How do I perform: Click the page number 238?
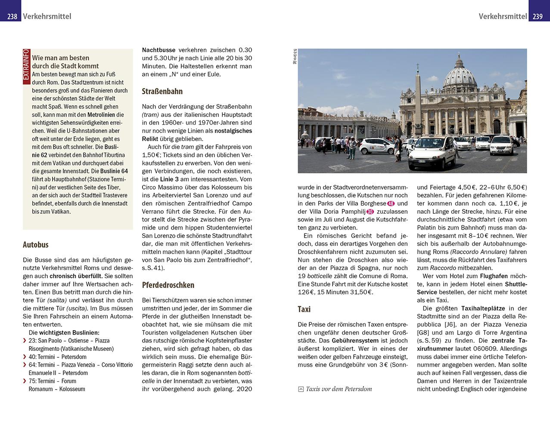[x=12, y=16]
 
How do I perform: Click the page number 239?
[x=538, y=16]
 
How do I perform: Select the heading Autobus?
[x=36, y=245]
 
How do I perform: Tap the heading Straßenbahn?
[x=162, y=91]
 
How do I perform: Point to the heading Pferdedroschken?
[x=168, y=285]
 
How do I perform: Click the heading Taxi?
[x=304, y=309]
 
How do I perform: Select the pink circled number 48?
[x=391, y=203]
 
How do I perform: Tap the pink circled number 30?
[x=370, y=212]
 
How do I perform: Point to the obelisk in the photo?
[x=417, y=99]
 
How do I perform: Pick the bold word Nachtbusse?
[x=159, y=50]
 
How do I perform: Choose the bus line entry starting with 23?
[x=69, y=341]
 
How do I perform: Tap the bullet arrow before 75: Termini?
[x=25, y=381]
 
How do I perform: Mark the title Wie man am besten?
[x=61, y=58]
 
